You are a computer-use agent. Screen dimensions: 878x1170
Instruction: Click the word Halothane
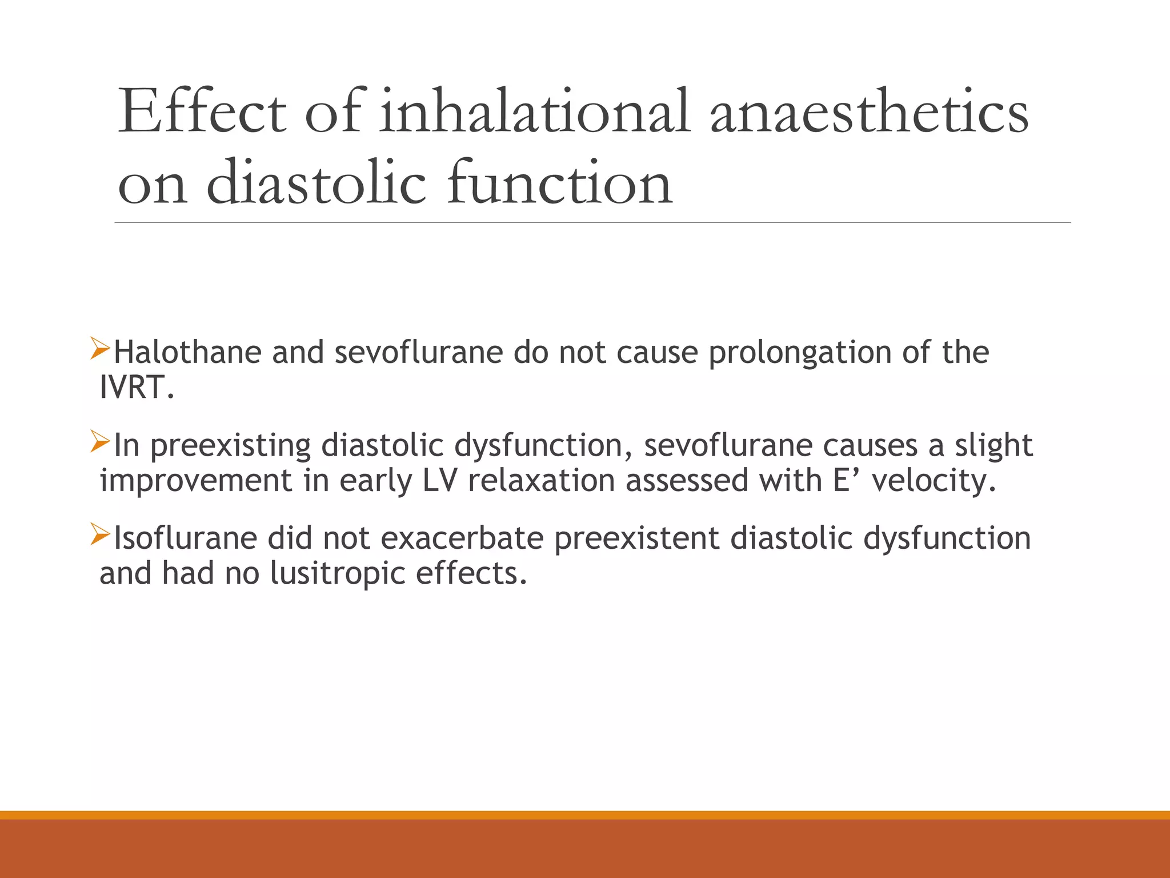(x=187, y=352)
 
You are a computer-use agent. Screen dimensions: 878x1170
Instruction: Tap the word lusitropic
(x=337, y=574)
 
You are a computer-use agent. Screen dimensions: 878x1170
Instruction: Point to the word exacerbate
(x=462, y=538)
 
